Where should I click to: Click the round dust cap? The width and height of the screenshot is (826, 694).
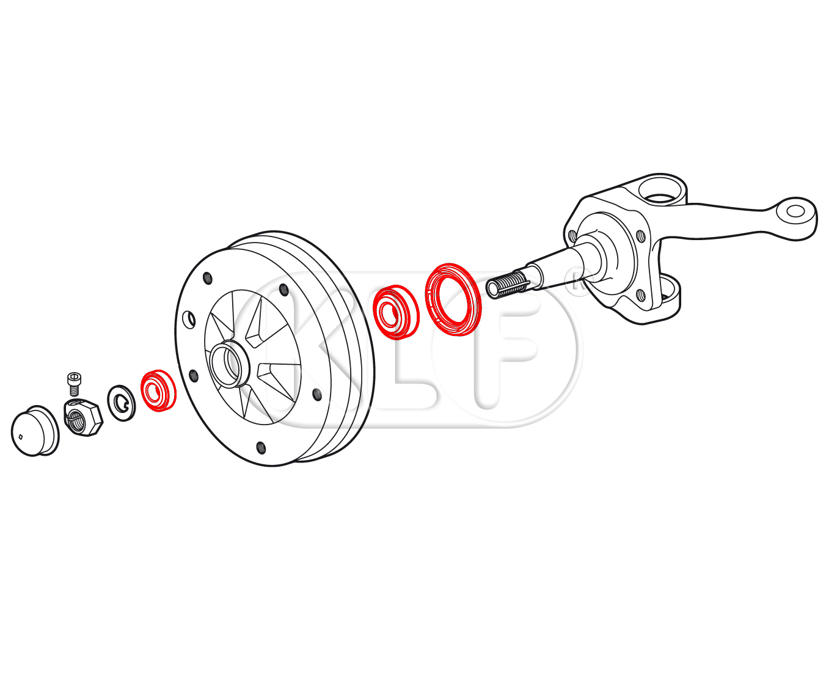click(x=35, y=431)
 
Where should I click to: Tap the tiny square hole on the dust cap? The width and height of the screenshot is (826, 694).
click(x=21, y=437)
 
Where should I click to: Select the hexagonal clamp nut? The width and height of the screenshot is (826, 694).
click(x=84, y=418)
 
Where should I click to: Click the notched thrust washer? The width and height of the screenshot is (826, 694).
click(x=122, y=403)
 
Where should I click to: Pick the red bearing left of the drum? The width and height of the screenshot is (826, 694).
click(x=158, y=390)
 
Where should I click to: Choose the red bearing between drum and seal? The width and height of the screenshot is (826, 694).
click(x=396, y=312)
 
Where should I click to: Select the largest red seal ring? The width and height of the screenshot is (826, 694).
click(x=453, y=299)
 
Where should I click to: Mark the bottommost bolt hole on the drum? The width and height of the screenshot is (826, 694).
click(x=261, y=448)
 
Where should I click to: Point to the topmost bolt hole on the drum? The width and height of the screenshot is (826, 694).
click(x=207, y=278)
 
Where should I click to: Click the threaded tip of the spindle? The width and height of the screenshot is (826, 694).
click(x=506, y=284)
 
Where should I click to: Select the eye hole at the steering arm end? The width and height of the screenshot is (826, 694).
click(x=795, y=211)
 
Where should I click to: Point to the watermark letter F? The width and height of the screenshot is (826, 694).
click(x=499, y=348)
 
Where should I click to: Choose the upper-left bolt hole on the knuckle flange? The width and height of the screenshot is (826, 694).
click(x=572, y=236)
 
